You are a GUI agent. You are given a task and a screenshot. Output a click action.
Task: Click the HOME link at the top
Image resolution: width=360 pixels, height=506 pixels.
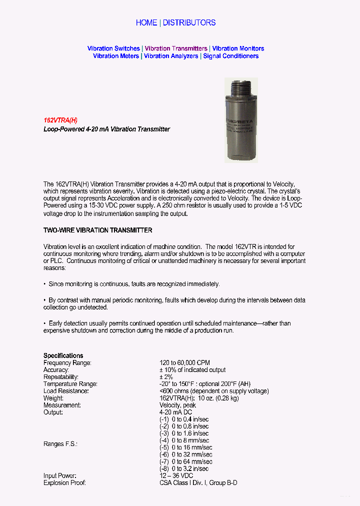[x=146, y=22]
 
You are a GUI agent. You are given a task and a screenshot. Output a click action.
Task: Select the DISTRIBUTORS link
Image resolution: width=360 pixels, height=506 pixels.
[x=189, y=22]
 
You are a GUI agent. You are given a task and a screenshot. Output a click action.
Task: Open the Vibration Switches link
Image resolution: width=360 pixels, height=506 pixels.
[x=113, y=48]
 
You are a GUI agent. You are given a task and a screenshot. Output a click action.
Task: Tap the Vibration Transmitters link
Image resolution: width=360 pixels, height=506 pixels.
[x=176, y=48]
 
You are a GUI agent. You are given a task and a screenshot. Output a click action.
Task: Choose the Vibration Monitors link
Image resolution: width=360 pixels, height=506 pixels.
[x=238, y=48]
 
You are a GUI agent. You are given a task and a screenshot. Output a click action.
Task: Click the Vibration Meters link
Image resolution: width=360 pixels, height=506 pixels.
[x=116, y=56]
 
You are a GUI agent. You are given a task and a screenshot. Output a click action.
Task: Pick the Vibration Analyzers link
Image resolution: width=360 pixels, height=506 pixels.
[x=171, y=56]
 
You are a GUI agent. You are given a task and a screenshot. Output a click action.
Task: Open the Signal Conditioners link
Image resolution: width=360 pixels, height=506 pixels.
[x=230, y=56]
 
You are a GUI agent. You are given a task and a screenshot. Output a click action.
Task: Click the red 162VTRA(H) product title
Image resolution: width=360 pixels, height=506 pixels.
[x=60, y=120]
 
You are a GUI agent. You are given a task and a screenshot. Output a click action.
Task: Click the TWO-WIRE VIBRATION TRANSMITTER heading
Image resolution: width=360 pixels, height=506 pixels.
[x=97, y=230]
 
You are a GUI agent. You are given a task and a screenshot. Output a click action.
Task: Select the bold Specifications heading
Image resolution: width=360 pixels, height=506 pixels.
[x=63, y=355]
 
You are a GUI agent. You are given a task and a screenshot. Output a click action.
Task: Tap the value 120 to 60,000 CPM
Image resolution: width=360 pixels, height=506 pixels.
[x=184, y=362]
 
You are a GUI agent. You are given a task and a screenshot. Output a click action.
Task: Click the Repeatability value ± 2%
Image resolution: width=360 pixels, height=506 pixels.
[x=166, y=376]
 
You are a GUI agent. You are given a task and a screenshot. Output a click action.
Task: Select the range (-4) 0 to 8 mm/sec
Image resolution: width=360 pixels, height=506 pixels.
[x=184, y=440]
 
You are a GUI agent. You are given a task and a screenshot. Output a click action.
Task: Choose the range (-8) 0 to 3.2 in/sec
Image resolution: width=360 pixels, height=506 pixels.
[x=184, y=468]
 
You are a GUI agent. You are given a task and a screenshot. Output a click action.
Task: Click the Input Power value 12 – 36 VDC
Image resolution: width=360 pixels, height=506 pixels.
[x=176, y=475]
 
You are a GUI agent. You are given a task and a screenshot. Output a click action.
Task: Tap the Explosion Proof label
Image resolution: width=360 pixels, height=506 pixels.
[x=64, y=482]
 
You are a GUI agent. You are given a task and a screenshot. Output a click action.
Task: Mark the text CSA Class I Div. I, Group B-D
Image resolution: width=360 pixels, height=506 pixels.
[x=198, y=482]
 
